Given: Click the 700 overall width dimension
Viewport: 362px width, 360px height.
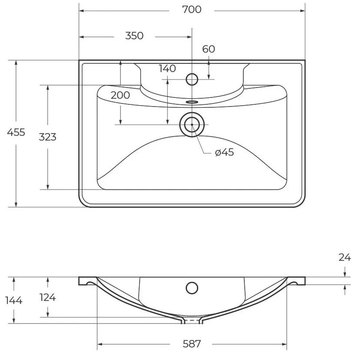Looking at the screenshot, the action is [x=192, y=10].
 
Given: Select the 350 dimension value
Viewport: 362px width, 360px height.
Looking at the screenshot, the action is [x=134, y=36].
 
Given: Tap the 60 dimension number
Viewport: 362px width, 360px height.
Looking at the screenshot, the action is [x=209, y=49].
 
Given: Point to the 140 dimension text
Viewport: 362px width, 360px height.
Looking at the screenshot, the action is [x=167, y=68].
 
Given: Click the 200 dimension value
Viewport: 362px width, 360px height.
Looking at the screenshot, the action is [x=120, y=95].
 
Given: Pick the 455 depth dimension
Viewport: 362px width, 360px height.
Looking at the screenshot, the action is [x=16, y=132].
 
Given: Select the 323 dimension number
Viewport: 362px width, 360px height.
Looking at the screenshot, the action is [x=47, y=137].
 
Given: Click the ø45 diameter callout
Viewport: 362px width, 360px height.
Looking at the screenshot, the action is [x=224, y=152].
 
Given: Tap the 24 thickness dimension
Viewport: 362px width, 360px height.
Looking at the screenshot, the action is [x=345, y=257].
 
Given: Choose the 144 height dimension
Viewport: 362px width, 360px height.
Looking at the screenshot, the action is [x=14, y=300].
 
